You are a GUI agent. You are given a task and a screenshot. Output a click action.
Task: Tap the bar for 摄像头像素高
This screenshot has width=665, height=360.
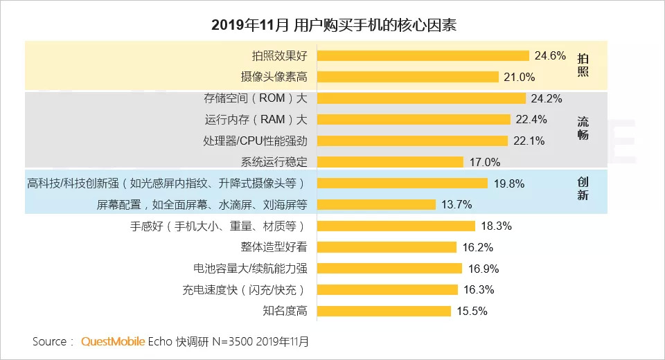pos(408,77)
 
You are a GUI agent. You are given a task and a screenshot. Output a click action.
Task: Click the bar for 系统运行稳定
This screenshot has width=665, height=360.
pos(390,162)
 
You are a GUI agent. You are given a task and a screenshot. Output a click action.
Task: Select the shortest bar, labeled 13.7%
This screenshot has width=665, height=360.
pos(376,204)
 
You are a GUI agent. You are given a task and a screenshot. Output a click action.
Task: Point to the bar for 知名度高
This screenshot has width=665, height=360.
pos(384,311)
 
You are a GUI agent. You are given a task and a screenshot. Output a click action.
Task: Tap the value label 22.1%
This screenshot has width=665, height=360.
pos(529,141)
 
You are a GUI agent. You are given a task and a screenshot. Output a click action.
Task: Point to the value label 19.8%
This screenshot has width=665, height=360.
pos(508,183)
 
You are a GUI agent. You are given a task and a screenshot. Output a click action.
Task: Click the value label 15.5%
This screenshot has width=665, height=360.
pos(472,311)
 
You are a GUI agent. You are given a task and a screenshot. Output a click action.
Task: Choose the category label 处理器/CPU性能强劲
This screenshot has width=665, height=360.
pos(255,141)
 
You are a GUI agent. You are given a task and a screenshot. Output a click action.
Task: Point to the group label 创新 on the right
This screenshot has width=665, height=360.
pos(583,188)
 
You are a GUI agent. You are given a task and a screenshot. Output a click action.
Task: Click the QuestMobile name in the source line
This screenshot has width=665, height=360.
pos(113,341)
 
